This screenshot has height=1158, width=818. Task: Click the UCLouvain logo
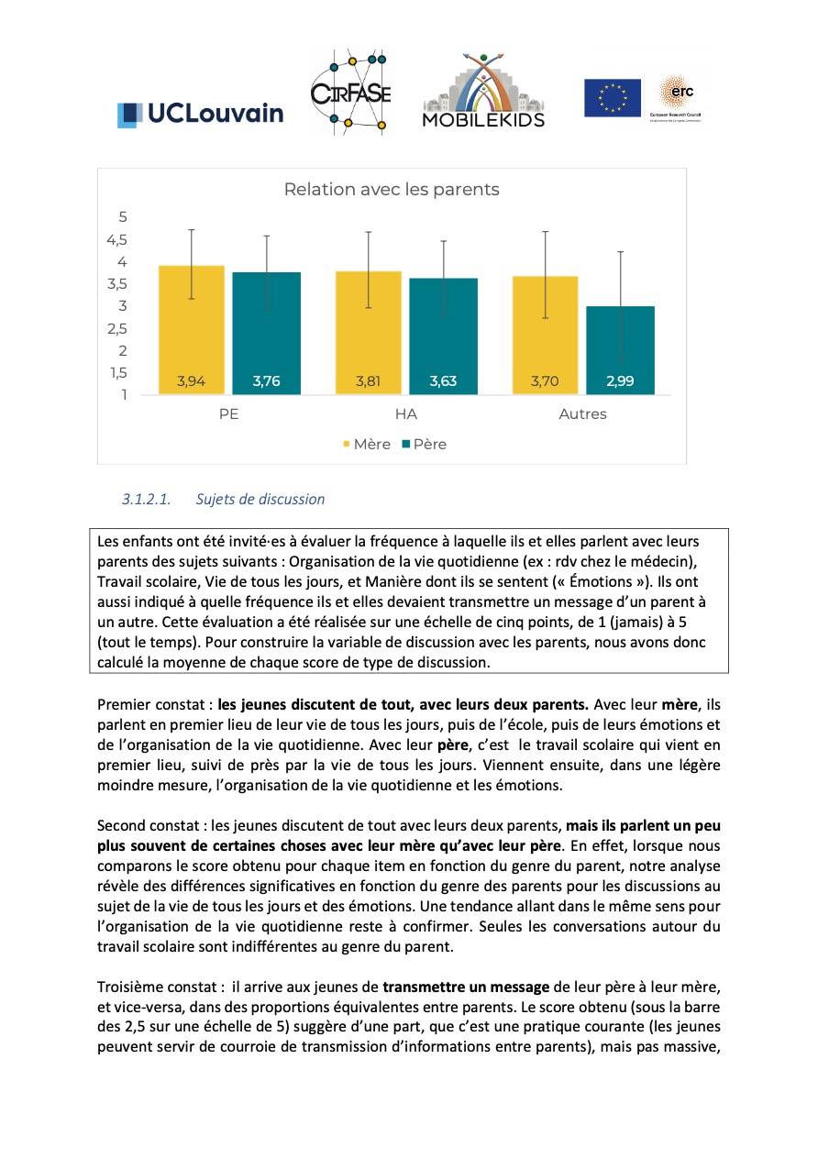coord(200,114)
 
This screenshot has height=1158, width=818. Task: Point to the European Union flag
coord(613,98)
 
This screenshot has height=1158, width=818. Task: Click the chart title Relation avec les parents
coord(392,190)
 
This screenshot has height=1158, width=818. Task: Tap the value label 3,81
coord(368,381)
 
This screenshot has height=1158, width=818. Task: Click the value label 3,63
coord(443,381)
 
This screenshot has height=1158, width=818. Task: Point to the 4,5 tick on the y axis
coord(116,240)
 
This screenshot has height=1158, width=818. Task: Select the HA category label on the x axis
coord(405,414)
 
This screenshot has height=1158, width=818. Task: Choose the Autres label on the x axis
coord(582,414)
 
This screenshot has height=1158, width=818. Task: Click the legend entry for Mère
coord(367,445)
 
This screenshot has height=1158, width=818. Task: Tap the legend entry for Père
coord(424,445)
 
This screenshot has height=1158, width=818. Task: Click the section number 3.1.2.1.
coord(146,500)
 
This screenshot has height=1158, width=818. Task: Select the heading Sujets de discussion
coord(260,500)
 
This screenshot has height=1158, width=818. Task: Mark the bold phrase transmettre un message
coord(467,987)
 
